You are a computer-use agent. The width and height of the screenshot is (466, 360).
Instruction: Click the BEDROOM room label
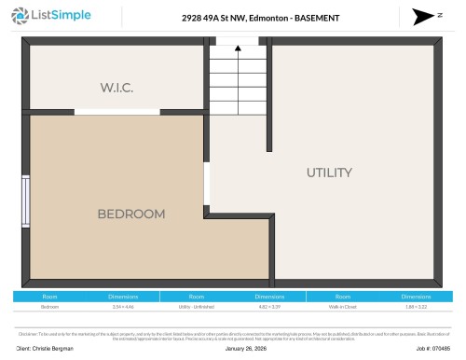[131, 214]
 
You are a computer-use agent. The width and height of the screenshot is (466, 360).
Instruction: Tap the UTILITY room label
[329, 173]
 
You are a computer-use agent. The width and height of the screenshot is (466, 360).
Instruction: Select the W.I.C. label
[117, 87]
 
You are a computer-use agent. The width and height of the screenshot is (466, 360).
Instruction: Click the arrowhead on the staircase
[240, 52]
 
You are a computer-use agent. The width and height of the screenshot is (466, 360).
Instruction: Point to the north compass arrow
[419, 17]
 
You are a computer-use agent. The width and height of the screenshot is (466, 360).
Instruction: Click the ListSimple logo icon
[23, 17]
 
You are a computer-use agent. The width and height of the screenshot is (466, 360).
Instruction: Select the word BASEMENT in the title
[312, 18]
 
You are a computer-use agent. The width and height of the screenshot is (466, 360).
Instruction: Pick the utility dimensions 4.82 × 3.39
[269, 306]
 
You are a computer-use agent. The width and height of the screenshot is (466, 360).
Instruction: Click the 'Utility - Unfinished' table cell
[197, 306]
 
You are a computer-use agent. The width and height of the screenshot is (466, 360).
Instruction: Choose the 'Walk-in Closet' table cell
[342, 306]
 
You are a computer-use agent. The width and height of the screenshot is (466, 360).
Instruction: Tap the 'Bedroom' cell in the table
[49, 306]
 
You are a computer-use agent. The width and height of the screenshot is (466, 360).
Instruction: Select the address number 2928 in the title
[192, 18]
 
